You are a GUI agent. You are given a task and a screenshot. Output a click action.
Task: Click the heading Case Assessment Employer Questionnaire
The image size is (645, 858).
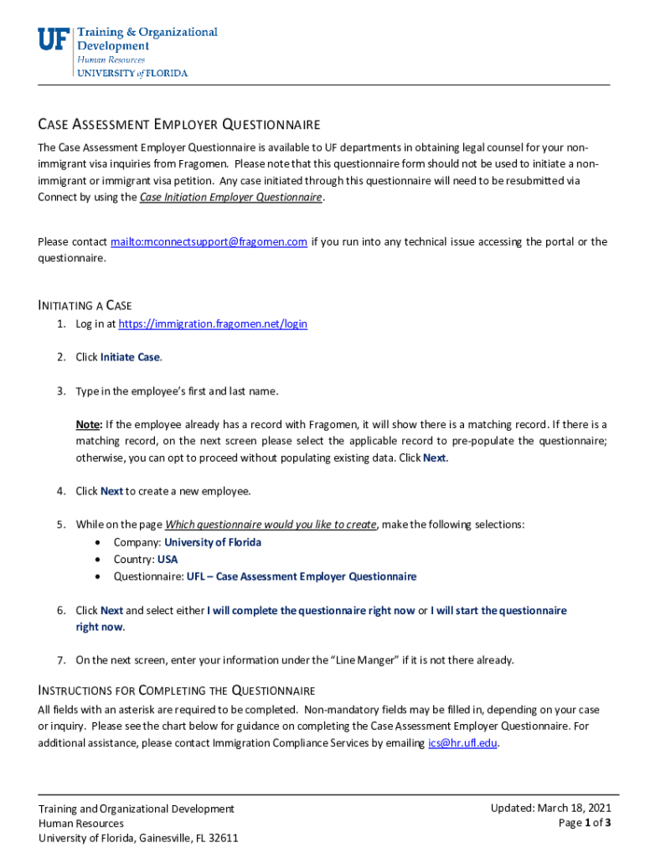click(x=178, y=125)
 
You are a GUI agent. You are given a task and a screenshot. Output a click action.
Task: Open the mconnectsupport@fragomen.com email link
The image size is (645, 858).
click(x=209, y=242)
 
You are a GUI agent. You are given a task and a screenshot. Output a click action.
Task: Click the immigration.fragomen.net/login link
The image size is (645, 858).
click(x=213, y=324)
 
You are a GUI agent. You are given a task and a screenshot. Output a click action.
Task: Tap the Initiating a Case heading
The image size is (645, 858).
click(x=85, y=305)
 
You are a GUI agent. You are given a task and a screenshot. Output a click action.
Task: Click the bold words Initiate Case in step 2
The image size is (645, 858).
click(x=130, y=357)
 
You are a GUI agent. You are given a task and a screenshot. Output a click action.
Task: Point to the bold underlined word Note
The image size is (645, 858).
click(x=89, y=424)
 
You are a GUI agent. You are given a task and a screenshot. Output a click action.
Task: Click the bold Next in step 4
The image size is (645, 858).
click(x=111, y=491)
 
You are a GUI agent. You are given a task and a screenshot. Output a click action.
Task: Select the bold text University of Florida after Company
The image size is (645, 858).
click(x=212, y=542)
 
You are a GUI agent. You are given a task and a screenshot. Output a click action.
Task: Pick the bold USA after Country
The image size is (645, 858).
click(x=168, y=559)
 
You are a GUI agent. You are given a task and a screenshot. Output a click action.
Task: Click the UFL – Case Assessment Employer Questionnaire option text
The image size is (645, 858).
click(x=301, y=576)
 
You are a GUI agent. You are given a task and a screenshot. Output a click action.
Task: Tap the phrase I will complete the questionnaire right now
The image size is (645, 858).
click(x=310, y=611)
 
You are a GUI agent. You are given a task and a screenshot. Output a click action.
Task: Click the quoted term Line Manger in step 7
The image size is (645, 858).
click(x=365, y=660)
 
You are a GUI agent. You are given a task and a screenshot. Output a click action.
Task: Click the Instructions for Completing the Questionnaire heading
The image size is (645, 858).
click(x=177, y=690)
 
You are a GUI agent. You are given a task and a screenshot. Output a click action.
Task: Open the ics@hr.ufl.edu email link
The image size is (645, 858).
click(x=463, y=743)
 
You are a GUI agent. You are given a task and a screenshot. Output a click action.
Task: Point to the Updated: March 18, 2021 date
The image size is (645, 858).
click(x=550, y=808)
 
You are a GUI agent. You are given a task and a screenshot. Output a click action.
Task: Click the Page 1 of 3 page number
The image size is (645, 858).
click(x=584, y=823)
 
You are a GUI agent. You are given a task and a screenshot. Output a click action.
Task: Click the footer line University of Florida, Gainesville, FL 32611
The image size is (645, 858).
click(x=138, y=838)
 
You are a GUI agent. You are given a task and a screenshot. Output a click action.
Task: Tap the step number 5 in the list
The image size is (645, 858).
click(x=61, y=525)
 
